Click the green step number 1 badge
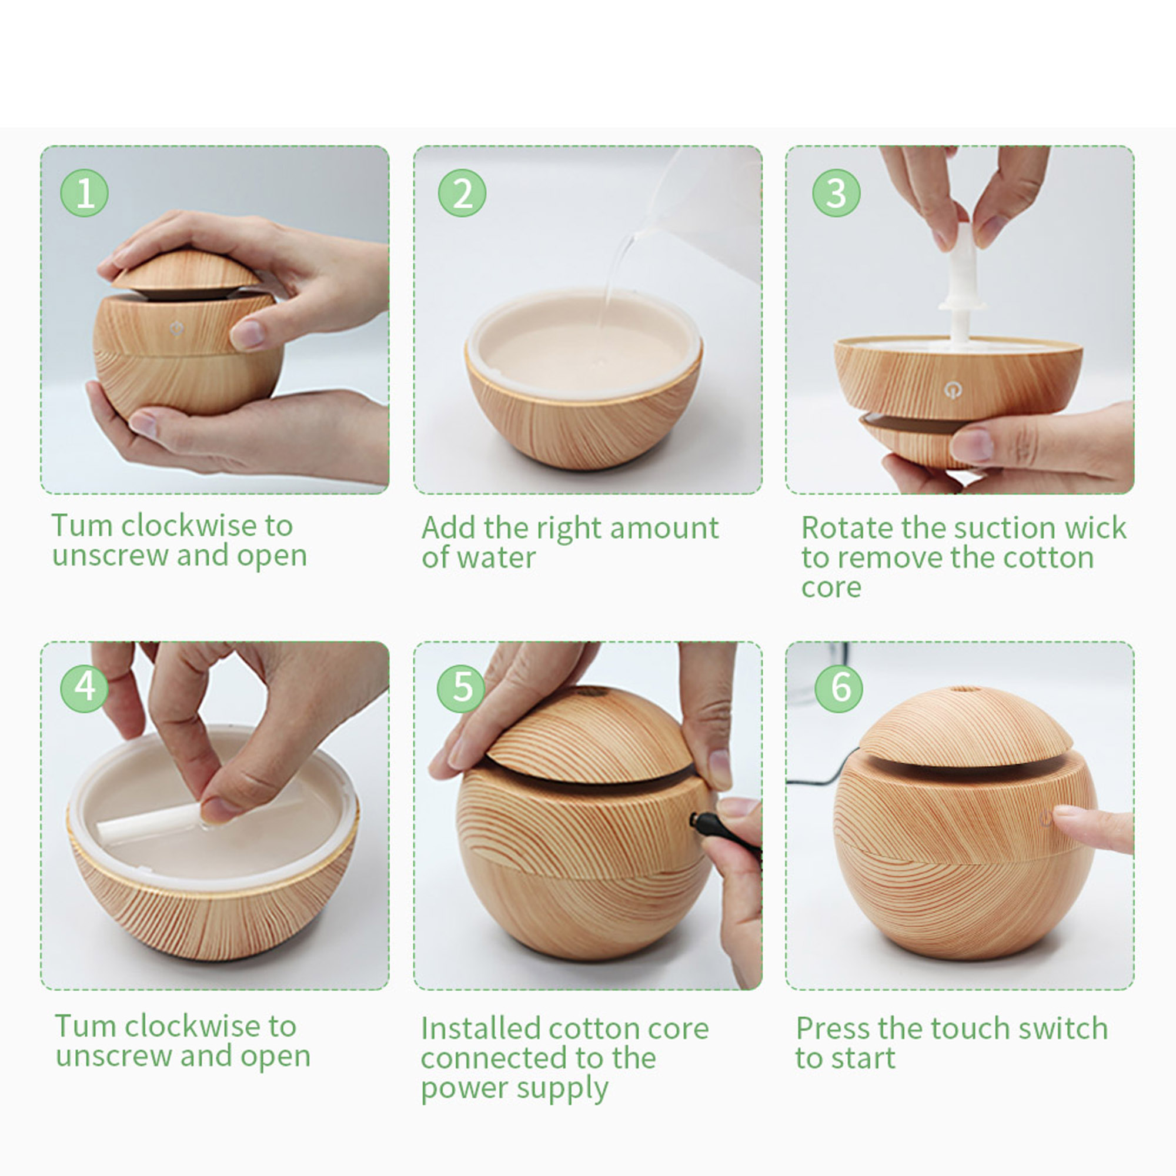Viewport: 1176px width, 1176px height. (x=85, y=193)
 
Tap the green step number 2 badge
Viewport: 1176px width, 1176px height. (x=462, y=193)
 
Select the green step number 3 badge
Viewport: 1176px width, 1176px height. (x=836, y=193)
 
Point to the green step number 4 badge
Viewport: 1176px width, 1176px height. (x=85, y=688)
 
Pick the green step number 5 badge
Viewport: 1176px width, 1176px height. (x=462, y=688)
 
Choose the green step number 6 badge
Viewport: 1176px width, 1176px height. (x=839, y=688)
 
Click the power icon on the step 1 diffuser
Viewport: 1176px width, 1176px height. (x=176, y=329)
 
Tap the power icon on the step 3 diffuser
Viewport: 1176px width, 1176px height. (x=953, y=390)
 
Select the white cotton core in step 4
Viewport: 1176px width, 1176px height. (x=149, y=818)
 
